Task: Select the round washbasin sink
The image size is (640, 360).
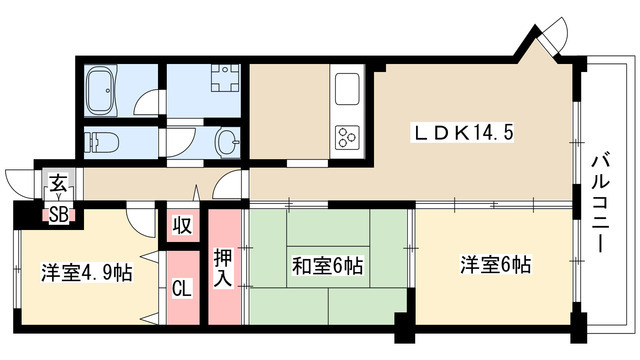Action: (225, 140)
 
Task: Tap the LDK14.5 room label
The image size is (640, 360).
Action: (464, 132)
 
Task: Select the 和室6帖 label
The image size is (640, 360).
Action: (327, 266)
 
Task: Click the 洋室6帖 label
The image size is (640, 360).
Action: (495, 266)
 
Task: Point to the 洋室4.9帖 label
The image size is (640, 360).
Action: (88, 272)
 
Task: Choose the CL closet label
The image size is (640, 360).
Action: (181, 290)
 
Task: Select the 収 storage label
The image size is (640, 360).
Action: (181, 224)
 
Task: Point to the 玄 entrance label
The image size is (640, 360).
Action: (58, 185)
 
